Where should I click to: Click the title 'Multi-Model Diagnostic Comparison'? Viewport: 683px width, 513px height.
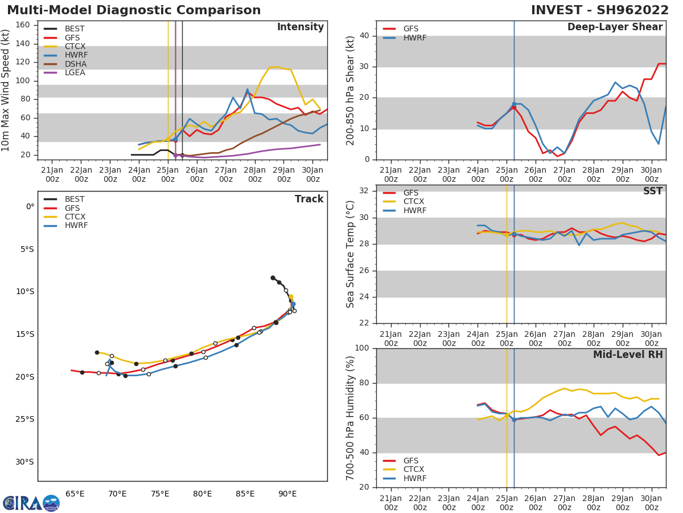pos(134,10)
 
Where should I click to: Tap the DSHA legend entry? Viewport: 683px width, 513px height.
pos(76,64)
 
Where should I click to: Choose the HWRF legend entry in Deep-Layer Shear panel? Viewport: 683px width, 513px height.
pos(414,38)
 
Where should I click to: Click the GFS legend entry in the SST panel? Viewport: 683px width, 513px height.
pos(410,193)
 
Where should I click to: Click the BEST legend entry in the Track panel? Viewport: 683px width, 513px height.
pos(75,199)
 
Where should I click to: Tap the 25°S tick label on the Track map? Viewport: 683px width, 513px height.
pos(25,420)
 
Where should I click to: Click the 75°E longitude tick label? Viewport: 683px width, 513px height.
pos(160,494)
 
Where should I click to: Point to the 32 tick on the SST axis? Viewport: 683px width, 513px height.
pos(363,191)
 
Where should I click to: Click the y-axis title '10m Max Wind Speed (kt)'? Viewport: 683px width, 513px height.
pos(6,90)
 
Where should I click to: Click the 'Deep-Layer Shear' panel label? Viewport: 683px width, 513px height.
pos(615,27)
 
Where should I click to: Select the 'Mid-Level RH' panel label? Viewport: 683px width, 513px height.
pos(627,355)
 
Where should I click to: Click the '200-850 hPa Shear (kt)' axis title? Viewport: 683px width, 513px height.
pos(351,90)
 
